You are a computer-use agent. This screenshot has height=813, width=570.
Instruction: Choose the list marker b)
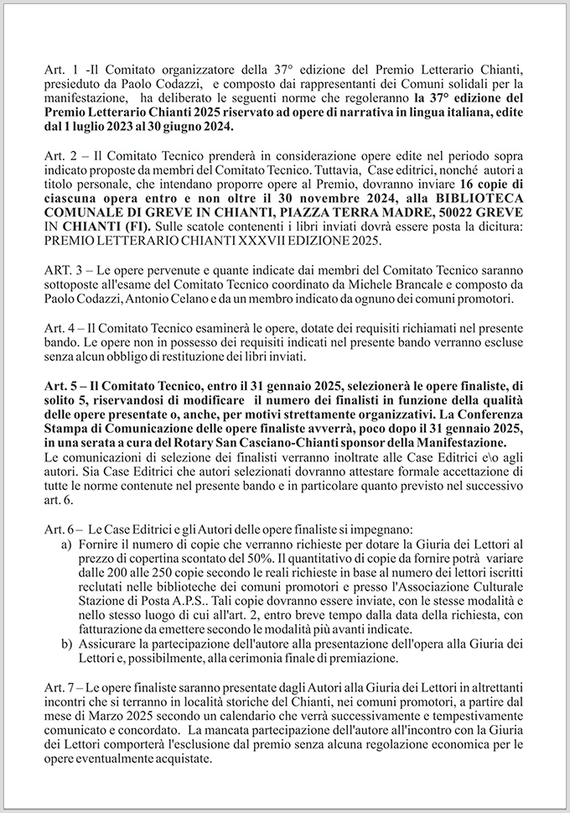point(67,644)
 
